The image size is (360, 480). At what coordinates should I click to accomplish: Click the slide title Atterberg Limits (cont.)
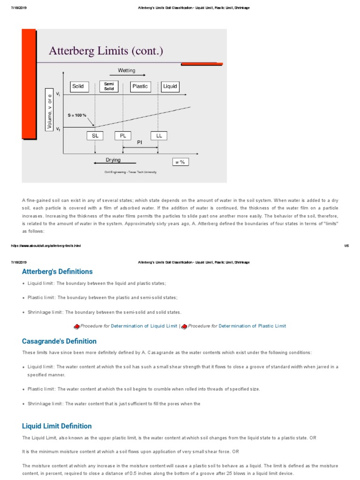click(106, 51)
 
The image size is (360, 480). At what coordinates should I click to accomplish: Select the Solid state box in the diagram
click(78, 86)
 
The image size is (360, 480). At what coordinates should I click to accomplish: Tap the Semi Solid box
click(109, 86)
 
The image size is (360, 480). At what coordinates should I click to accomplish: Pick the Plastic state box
click(140, 86)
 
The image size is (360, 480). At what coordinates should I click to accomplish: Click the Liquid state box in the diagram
click(170, 86)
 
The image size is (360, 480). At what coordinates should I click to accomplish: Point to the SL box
click(95, 135)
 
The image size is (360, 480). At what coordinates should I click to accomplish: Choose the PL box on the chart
click(123, 135)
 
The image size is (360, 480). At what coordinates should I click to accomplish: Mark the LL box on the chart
click(158, 135)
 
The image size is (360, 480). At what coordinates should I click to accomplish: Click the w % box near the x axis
click(180, 162)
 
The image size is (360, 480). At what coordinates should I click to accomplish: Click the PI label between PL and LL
click(140, 142)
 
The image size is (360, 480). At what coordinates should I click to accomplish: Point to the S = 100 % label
click(77, 115)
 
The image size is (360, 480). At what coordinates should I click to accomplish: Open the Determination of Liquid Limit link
click(144, 326)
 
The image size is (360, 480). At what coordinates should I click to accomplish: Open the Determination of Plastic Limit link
click(252, 326)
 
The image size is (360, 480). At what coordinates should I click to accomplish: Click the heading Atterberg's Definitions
click(57, 271)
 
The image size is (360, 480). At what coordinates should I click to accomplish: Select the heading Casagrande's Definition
click(59, 341)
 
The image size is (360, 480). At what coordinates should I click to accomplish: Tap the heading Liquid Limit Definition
click(57, 426)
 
